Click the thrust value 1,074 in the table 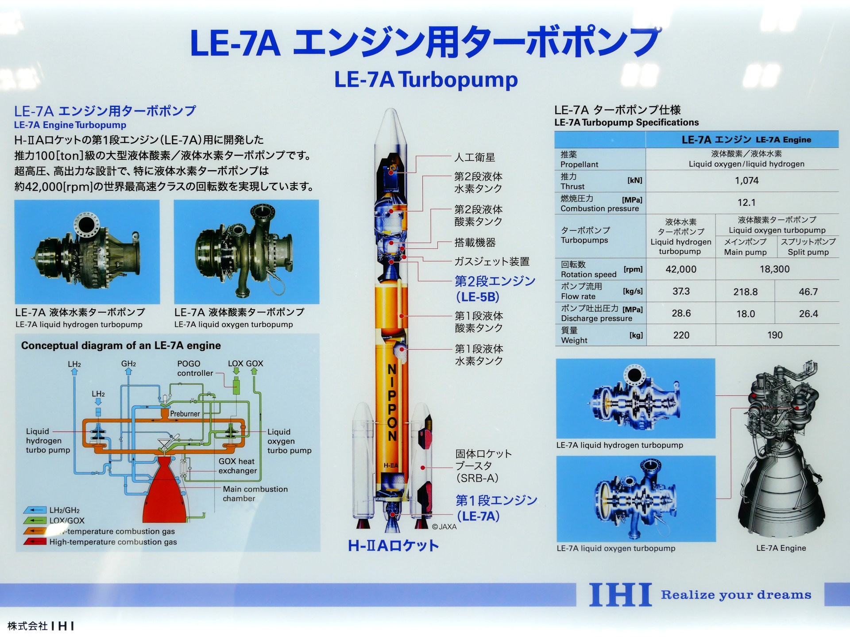[x=746, y=180]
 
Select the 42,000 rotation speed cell [x=681, y=269]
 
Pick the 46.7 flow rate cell [x=808, y=292]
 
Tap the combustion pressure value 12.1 [x=746, y=203]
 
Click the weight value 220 [x=681, y=335]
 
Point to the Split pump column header [x=808, y=247]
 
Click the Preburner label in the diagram [x=185, y=414]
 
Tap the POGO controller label [x=195, y=368]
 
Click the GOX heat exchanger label [x=237, y=466]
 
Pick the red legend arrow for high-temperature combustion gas [x=35, y=541]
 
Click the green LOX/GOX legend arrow [x=35, y=521]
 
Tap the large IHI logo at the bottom [x=620, y=595]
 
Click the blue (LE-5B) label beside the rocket [x=478, y=297]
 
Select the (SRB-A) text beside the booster [x=477, y=478]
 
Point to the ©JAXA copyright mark [x=444, y=526]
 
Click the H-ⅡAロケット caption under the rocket [x=393, y=545]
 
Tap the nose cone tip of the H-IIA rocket [x=391, y=111]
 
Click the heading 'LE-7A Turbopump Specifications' [x=626, y=123]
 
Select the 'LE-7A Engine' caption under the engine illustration [x=781, y=548]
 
